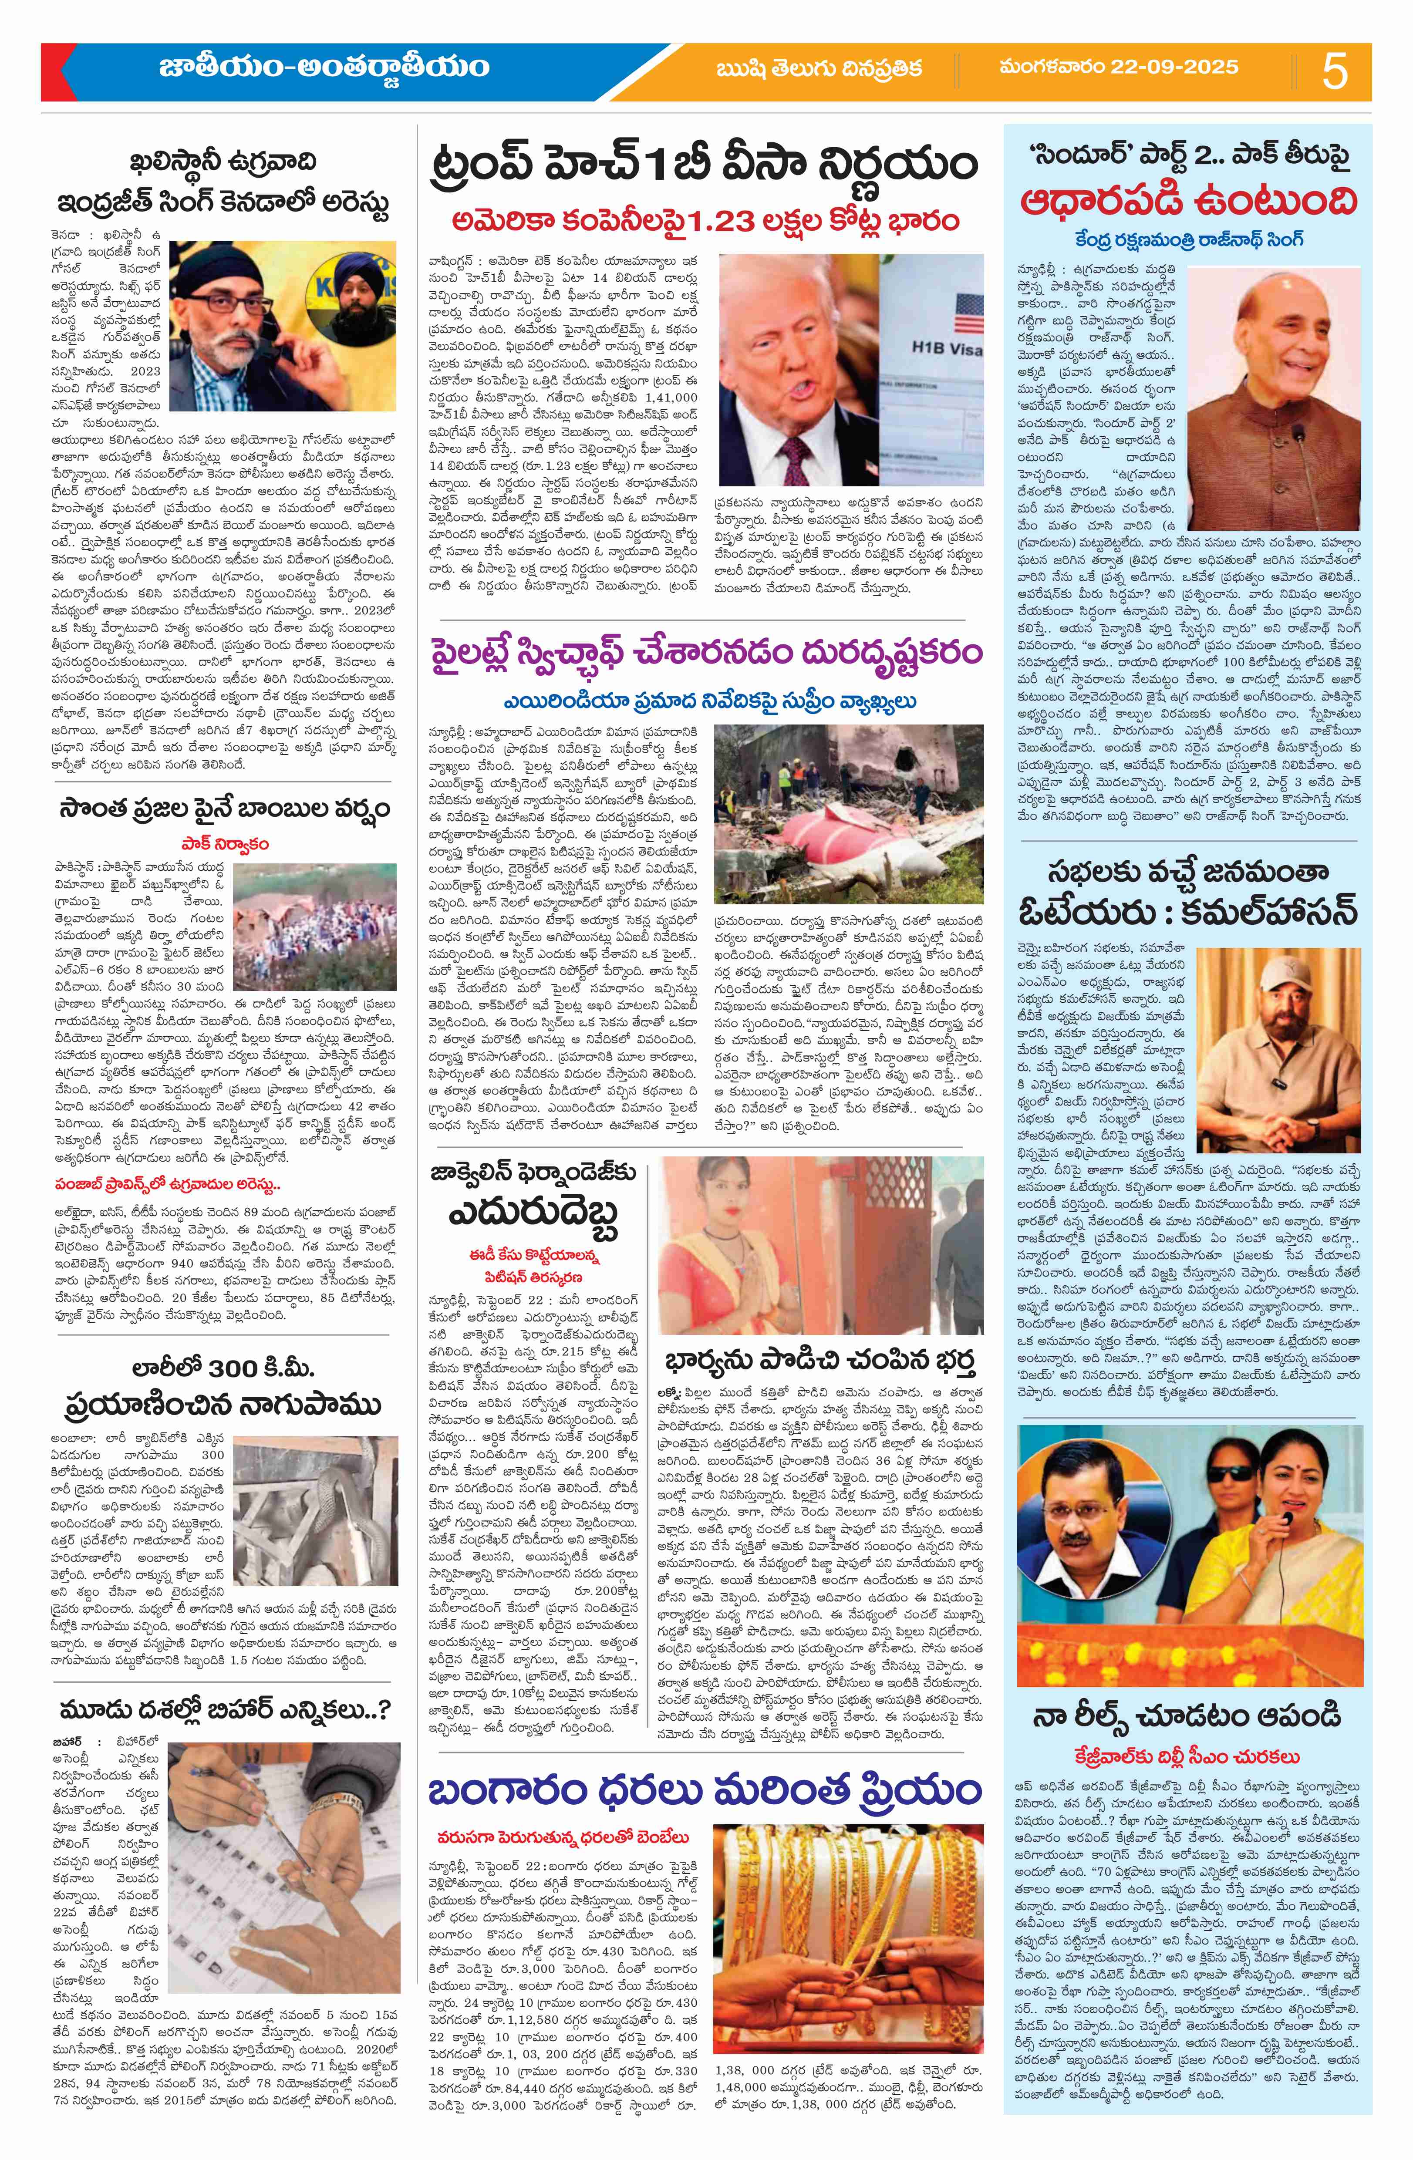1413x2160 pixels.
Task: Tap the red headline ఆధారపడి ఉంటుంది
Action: point(1190,201)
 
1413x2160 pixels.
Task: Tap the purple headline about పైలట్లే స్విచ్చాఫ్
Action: point(705,654)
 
